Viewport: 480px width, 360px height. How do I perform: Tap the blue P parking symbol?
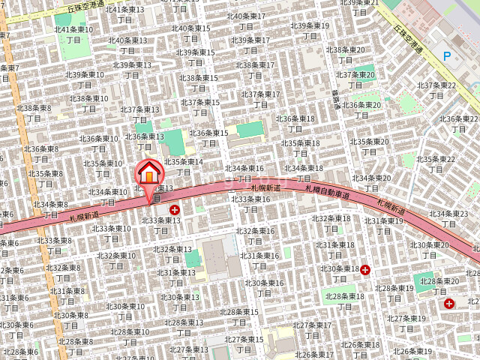click(x=447, y=55)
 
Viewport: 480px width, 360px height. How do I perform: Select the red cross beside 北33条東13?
click(x=175, y=211)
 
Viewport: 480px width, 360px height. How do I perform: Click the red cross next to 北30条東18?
click(x=365, y=270)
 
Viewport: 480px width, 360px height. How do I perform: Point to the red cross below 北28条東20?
click(x=448, y=304)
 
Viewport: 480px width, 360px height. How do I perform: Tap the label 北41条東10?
click(x=73, y=30)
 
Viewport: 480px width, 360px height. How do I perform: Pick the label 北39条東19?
click(x=310, y=25)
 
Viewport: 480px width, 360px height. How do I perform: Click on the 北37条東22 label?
click(x=436, y=85)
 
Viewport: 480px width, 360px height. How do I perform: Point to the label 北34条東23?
click(x=448, y=214)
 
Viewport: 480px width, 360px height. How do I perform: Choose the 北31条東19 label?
click(x=384, y=221)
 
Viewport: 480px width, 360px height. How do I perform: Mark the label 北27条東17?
click(x=312, y=325)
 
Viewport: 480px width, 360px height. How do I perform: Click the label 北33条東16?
click(x=251, y=199)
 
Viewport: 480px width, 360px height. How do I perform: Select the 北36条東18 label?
click(x=295, y=118)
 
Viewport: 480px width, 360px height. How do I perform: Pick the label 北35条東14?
click(x=184, y=162)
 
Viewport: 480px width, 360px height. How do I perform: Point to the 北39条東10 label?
click(x=85, y=75)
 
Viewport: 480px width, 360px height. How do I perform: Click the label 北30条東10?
click(x=125, y=306)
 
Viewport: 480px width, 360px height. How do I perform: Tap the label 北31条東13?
click(x=176, y=273)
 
